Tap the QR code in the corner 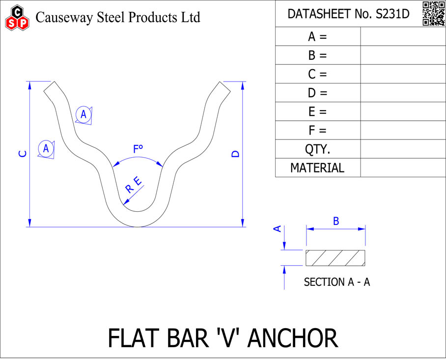pos(433,13)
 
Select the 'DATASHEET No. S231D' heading pos(348,14)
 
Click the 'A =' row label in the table pos(317,37)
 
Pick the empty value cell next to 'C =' pos(403,74)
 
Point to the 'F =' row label pos(317,131)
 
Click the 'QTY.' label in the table pos(317,149)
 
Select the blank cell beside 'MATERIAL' pos(403,168)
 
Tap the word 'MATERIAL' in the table pos(317,168)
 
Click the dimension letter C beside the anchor pos(22,154)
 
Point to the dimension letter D pos(235,154)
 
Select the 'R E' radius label pos(133,185)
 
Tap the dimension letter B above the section pos(336,221)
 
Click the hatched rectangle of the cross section pos(335,258)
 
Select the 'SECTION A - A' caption pos(337,282)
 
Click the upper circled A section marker pos(84,114)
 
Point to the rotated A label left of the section pos(277,228)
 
